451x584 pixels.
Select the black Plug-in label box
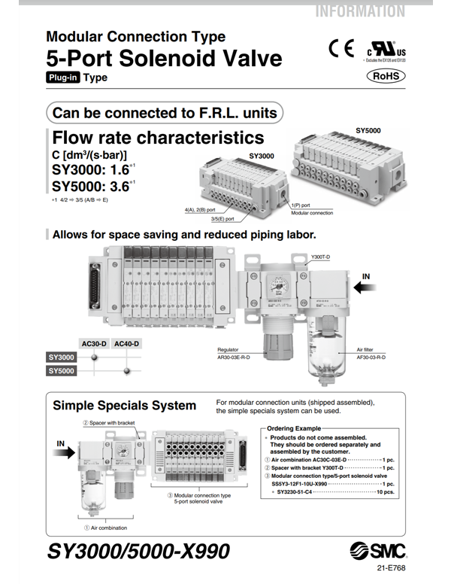[x=63, y=78]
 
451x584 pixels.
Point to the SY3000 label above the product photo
[x=262, y=157]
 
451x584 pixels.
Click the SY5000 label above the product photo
[x=368, y=131]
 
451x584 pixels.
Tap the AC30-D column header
[x=94, y=343]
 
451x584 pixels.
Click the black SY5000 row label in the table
[x=62, y=370]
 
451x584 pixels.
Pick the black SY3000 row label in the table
[x=62, y=357]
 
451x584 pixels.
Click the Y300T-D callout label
[x=322, y=257]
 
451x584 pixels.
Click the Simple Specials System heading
[x=124, y=406]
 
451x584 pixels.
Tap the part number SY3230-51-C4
[x=302, y=491]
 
